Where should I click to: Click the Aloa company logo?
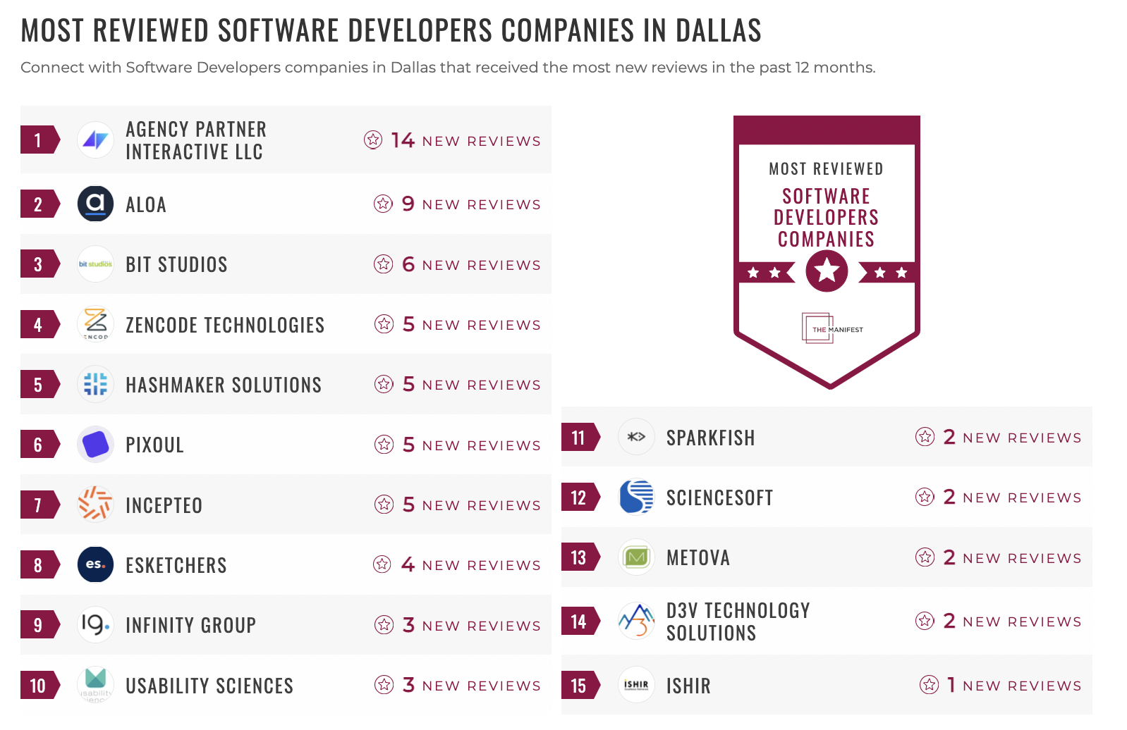(x=95, y=204)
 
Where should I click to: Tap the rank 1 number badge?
(x=38, y=140)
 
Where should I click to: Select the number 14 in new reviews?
(x=403, y=140)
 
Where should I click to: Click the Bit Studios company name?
(x=176, y=264)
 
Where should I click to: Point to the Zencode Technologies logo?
(x=95, y=324)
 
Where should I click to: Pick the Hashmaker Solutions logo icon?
(x=95, y=384)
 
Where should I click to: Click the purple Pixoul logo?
(x=95, y=445)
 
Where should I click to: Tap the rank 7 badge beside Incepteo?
(x=38, y=505)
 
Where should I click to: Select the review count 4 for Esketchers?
(x=408, y=564)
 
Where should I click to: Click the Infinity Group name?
(x=190, y=625)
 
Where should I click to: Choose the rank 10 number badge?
(x=38, y=685)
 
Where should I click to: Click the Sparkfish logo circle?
(x=636, y=437)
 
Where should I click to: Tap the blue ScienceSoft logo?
(x=636, y=497)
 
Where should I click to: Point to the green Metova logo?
(x=636, y=557)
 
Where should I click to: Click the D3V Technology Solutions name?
(x=738, y=621)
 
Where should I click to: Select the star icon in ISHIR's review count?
(x=929, y=684)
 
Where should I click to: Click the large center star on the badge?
(x=827, y=271)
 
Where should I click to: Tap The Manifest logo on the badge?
(x=832, y=328)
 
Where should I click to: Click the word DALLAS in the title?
(x=718, y=30)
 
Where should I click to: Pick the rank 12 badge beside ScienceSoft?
(x=579, y=497)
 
